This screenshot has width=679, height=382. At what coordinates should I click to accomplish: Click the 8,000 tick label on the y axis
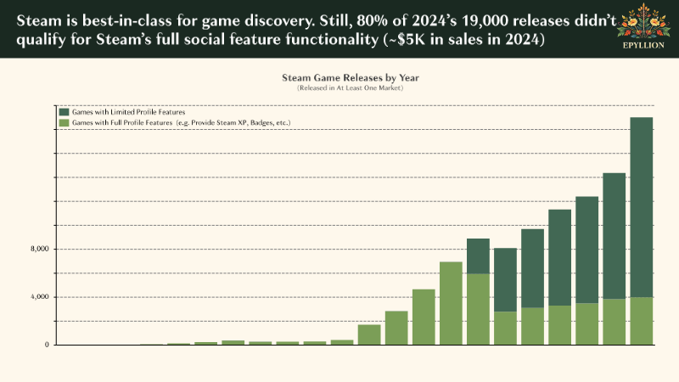point(40,249)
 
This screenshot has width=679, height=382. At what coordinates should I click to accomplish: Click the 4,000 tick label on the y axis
point(40,297)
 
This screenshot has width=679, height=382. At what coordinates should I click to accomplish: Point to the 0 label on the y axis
point(48,345)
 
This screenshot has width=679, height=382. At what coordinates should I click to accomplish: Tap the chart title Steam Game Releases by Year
point(351,77)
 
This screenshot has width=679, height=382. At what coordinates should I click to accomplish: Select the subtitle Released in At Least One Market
point(351,88)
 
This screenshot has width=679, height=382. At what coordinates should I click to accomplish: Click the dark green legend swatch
point(65,112)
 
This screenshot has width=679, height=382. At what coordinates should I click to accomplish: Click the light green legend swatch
point(65,123)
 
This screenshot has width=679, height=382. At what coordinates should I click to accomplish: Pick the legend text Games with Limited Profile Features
point(128,112)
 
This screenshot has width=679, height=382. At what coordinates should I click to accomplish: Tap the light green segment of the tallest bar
point(642,321)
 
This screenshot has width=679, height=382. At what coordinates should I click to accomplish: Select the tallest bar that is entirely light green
point(451,303)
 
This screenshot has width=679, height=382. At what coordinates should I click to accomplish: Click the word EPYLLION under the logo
point(642,47)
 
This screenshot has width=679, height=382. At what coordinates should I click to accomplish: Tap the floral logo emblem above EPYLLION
point(642,24)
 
